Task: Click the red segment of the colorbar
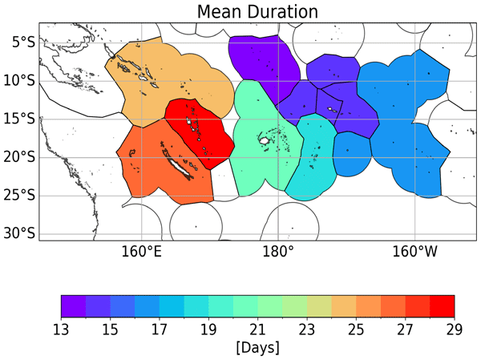click(442, 305)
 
